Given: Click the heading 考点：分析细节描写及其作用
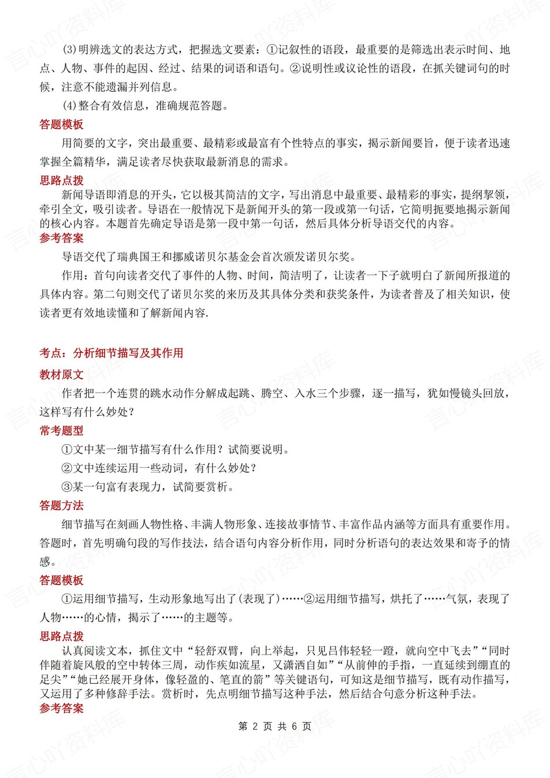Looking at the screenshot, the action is click(111, 353).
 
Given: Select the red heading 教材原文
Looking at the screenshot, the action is click(61, 375).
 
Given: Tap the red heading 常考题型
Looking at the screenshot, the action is click(61, 430).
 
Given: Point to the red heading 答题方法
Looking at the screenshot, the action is click(61, 505).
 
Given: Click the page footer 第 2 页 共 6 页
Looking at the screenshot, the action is click(274, 727).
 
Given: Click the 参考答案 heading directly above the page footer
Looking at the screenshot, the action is click(61, 709).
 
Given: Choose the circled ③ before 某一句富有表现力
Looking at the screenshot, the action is click(66, 487).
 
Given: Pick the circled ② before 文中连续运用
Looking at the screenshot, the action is click(66, 468).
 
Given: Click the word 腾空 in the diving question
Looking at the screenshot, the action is click(272, 393).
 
